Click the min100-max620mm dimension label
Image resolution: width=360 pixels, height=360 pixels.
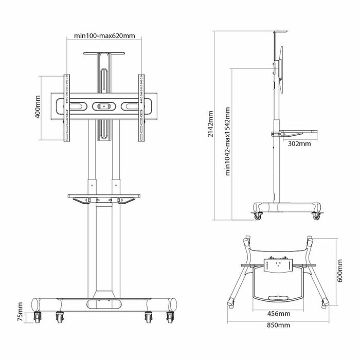click(104, 36)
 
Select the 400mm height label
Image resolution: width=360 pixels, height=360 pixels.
click(38, 107)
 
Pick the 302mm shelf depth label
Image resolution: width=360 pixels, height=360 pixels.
click(299, 143)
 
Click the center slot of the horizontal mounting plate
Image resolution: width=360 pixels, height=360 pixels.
click(104, 106)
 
